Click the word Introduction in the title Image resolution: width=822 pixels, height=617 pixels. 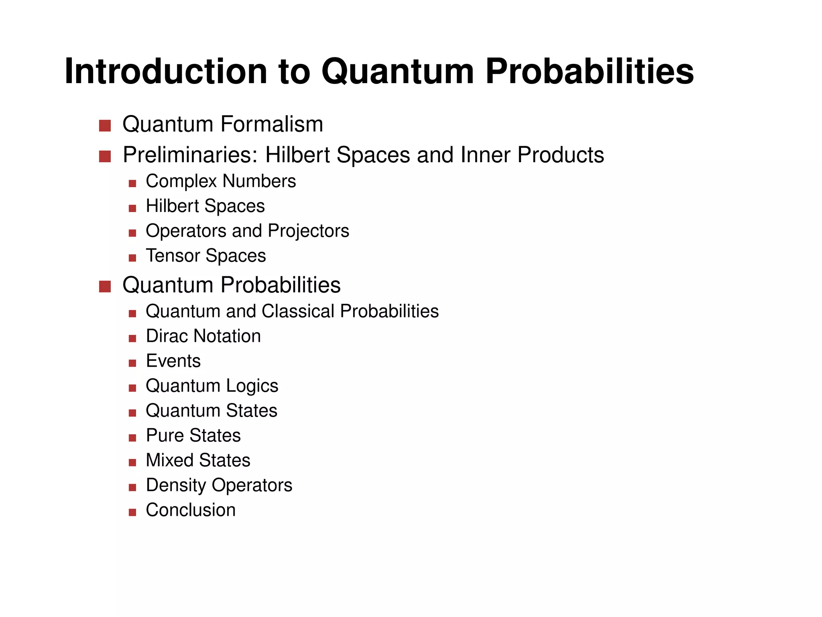pyautogui.click(x=166, y=71)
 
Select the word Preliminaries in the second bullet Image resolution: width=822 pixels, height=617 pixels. pyautogui.click(x=190, y=155)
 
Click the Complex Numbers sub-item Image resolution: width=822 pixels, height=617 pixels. pyautogui.click(x=221, y=181)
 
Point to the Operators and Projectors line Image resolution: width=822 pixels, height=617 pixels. pyautogui.click(x=247, y=231)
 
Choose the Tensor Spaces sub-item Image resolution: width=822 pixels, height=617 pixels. pyautogui.click(x=205, y=256)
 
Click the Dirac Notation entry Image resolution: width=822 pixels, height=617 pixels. pyautogui.click(x=203, y=336)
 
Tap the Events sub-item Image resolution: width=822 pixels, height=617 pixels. pyautogui.click(x=173, y=361)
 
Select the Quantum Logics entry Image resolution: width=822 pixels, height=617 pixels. pyautogui.click(x=212, y=386)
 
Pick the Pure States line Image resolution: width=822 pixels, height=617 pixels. pyautogui.click(x=193, y=435)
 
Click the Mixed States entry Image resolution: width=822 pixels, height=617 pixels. pyautogui.click(x=198, y=460)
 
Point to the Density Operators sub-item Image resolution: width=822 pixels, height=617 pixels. pyautogui.click(x=219, y=485)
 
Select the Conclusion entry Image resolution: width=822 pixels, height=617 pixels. pyautogui.click(x=191, y=510)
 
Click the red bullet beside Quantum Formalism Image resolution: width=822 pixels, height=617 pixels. pyautogui.click(x=105, y=126)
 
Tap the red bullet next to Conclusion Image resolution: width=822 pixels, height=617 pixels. pyautogui.click(x=132, y=512)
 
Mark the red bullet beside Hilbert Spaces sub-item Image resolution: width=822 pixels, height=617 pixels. pyautogui.click(x=132, y=208)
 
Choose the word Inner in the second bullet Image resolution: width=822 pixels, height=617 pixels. pyautogui.click(x=486, y=155)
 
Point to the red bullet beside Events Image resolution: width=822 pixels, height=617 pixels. pyautogui.click(x=132, y=363)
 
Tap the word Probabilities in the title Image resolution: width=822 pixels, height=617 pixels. pyautogui.click(x=590, y=71)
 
